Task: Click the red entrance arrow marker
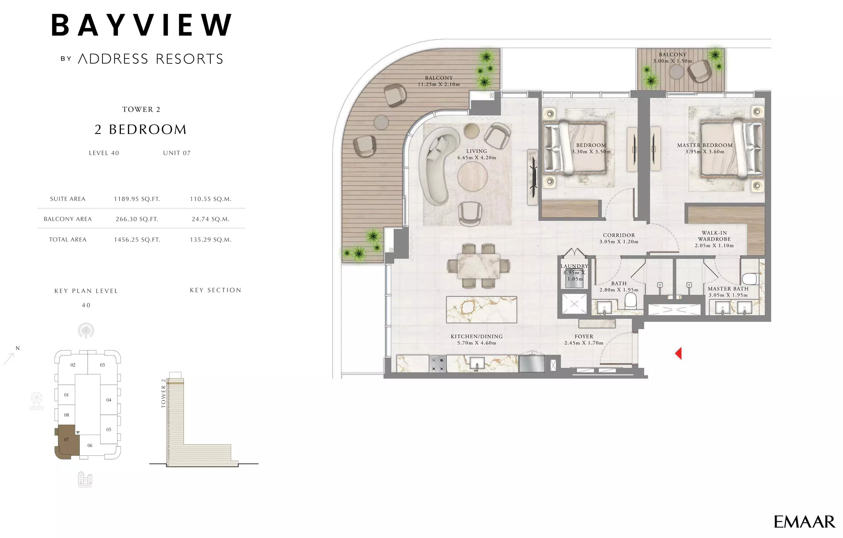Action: (x=679, y=353)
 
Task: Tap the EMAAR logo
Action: (x=804, y=522)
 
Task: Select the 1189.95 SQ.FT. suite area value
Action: (x=137, y=199)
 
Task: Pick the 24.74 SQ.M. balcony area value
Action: (x=210, y=219)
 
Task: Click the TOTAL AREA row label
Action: (x=68, y=239)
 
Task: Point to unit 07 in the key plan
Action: (x=66, y=440)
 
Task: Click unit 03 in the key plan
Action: (x=102, y=365)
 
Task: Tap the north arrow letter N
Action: (x=17, y=348)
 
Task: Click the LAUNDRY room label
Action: (x=574, y=266)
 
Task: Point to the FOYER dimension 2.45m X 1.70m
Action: (x=583, y=343)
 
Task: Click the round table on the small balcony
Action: (x=676, y=72)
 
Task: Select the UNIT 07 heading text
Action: (x=177, y=153)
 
